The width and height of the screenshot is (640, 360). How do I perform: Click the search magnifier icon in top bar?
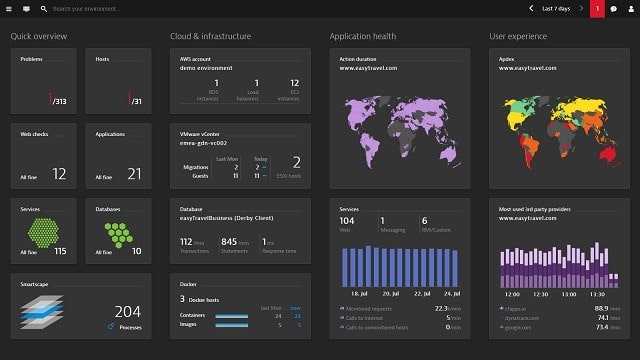click(x=44, y=8)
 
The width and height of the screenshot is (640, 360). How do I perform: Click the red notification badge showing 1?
click(x=597, y=8)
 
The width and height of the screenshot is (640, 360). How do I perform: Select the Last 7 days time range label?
click(x=555, y=8)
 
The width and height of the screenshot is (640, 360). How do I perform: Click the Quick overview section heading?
click(x=39, y=37)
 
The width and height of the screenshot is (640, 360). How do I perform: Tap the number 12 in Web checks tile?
click(x=59, y=174)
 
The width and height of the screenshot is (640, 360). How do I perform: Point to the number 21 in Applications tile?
click(x=134, y=174)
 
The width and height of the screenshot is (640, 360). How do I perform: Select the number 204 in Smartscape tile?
click(x=128, y=311)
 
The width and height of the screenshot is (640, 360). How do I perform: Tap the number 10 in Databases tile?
click(x=136, y=251)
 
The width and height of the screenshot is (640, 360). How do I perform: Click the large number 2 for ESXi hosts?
click(x=296, y=161)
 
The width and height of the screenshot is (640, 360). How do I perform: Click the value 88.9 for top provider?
click(x=601, y=308)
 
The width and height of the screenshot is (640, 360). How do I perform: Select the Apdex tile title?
click(x=507, y=59)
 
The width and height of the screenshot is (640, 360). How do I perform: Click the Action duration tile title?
click(x=358, y=59)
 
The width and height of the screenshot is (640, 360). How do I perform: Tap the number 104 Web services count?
click(x=348, y=220)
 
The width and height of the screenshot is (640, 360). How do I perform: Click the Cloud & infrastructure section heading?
click(x=210, y=37)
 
